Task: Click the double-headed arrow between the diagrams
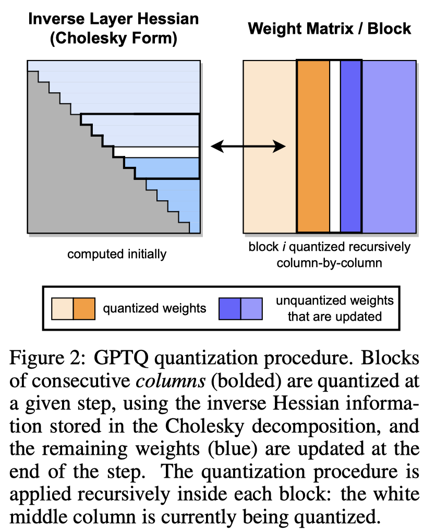coord(248,148)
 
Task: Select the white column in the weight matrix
coord(335,147)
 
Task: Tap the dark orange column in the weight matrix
coord(313,147)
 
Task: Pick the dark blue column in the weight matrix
coord(350,147)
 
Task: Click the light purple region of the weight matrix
coord(389,147)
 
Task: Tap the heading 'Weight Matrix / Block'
coord(330,29)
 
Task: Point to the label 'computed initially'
coord(117,255)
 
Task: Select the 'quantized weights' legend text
coord(154,308)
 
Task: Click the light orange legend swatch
coord(62,308)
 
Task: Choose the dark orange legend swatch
coord(83,308)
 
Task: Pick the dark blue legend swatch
coord(230,308)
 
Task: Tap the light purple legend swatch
coord(251,308)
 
